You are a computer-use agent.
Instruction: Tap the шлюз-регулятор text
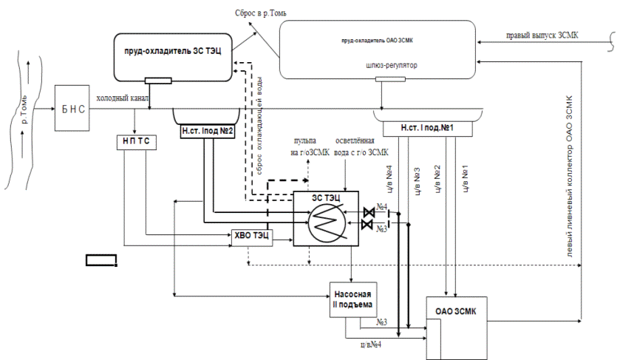point(392,66)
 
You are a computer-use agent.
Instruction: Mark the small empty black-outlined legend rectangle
point(101,259)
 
